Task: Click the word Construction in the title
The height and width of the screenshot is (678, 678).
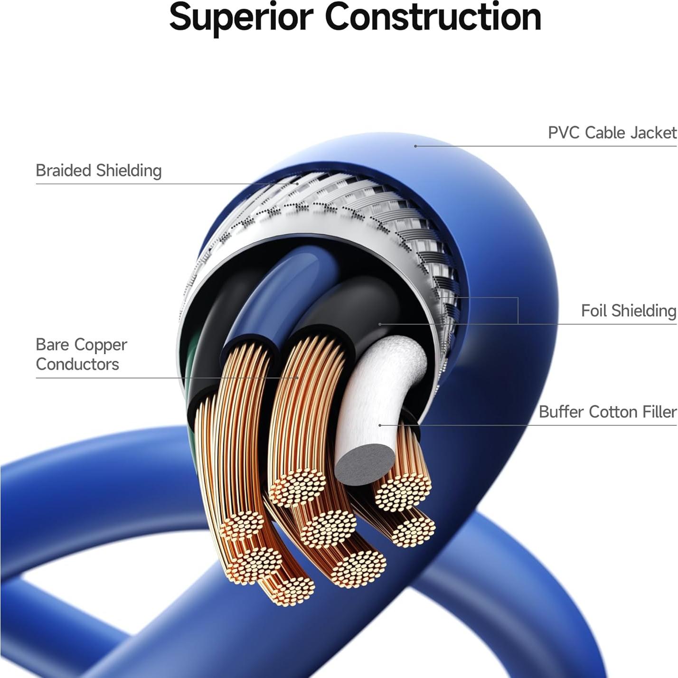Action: coord(433,17)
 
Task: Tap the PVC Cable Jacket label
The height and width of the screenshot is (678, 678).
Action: coord(612,133)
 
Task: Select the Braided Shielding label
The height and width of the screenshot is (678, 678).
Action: coord(99,170)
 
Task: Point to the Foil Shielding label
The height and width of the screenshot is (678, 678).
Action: coord(628,311)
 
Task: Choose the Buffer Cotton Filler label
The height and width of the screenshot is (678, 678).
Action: coord(607,412)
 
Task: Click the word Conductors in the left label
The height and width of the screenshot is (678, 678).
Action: coord(77,365)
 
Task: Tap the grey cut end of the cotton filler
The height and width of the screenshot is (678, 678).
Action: coord(365,464)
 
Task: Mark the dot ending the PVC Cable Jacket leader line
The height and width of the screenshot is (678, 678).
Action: coord(415,146)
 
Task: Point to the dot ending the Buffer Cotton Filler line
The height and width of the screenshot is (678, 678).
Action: coord(380,425)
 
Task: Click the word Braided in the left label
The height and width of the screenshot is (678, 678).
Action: coord(64,170)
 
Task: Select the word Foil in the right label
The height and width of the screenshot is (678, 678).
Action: coord(593,311)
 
